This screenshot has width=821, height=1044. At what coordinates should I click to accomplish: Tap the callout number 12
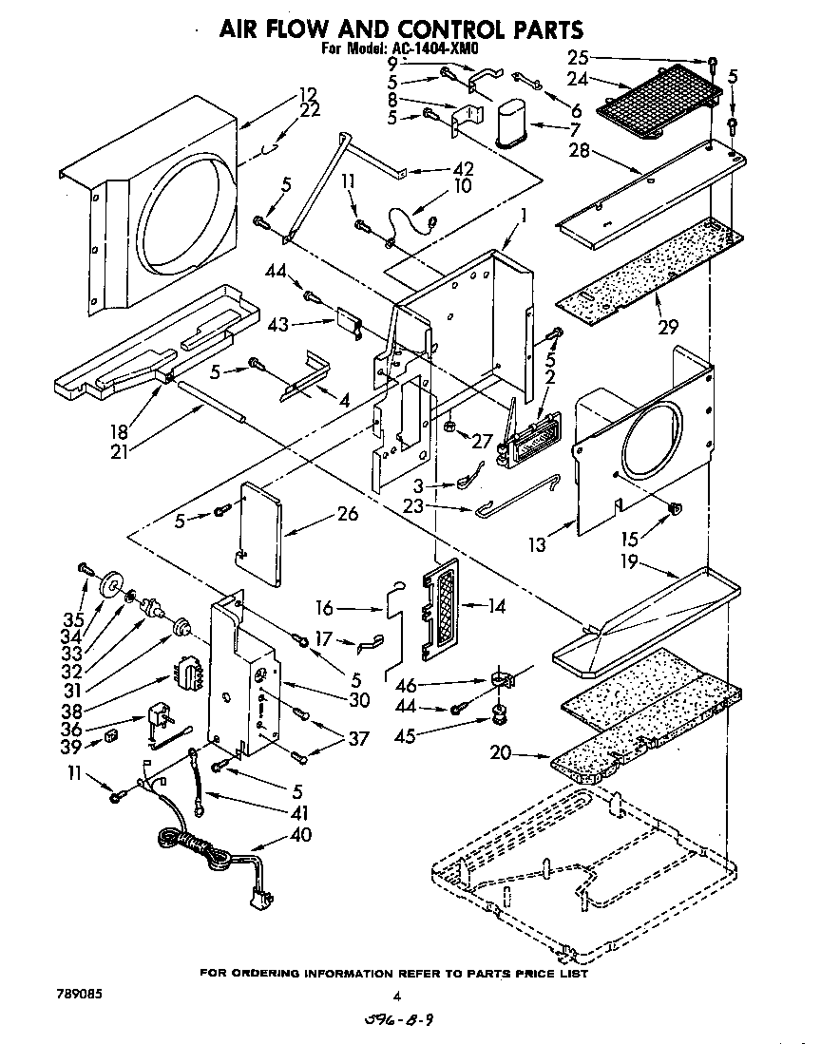point(306,94)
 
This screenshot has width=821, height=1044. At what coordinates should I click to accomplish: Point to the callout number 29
point(667,327)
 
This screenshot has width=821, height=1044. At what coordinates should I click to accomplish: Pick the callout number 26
point(348,514)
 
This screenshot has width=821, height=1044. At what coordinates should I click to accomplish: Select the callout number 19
point(656,562)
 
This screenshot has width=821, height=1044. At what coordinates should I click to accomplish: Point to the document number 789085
point(73,995)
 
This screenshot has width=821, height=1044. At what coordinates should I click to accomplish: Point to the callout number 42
point(463,168)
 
